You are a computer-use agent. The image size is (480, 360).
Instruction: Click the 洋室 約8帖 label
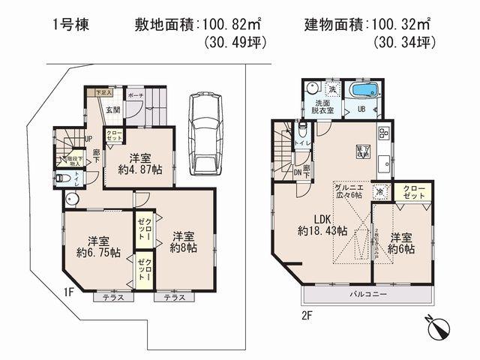click(182, 239)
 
